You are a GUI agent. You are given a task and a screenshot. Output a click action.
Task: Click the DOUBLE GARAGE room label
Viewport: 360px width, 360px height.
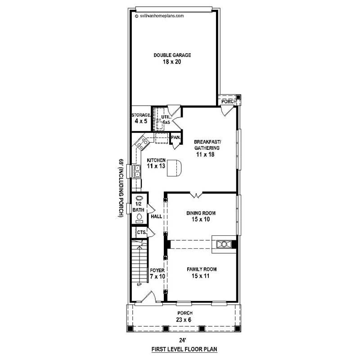click(172, 55)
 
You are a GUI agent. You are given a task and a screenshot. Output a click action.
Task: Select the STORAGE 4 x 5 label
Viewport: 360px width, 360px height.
click(140, 118)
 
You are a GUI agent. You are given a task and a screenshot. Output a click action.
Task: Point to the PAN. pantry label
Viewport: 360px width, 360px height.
click(175, 137)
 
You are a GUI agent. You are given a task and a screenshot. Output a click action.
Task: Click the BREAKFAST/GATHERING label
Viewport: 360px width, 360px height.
click(207, 144)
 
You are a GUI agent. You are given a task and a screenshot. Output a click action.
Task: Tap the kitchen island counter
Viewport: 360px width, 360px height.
click(176, 167)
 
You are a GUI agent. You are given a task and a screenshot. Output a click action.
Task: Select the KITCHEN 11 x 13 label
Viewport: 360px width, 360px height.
click(156, 163)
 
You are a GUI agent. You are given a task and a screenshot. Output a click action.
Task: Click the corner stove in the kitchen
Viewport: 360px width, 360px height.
click(143, 144)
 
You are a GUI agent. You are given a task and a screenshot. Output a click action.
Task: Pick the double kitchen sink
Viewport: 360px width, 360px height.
click(138, 171)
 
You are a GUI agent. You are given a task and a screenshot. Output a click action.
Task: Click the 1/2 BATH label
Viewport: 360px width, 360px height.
click(139, 207)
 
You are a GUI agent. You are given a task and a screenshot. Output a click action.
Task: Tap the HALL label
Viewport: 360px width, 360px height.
click(156, 216)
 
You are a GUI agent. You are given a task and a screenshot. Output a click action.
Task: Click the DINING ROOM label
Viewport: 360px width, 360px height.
click(201, 216)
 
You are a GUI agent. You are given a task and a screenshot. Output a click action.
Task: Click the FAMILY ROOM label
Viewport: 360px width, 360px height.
click(202, 273)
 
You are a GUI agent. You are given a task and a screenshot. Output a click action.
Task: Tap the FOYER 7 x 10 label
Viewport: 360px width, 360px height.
click(157, 274)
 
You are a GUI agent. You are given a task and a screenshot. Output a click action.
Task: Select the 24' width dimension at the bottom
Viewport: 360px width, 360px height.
click(182, 341)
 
